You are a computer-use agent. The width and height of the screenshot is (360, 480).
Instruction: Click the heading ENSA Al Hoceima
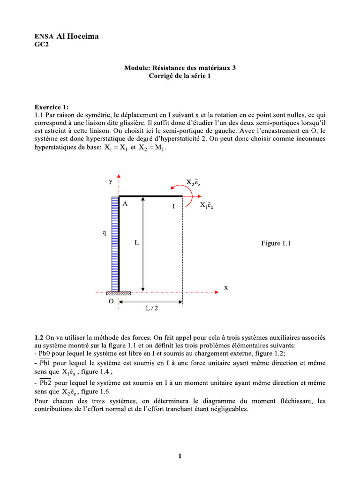pyautogui.click(x=67, y=37)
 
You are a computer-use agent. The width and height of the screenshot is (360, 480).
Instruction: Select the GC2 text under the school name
pyautogui.click(x=42, y=45)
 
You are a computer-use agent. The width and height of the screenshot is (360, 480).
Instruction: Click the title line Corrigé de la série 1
pyautogui.click(x=180, y=76)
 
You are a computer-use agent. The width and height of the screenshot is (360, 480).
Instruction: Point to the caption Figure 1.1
pyautogui.click(x=276, y=243)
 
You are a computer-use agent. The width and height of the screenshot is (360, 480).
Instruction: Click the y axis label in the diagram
pyautogui.click(x=110, y=181)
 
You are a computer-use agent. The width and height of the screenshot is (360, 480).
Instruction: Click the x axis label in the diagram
pyautogui.click(x=225, y=288)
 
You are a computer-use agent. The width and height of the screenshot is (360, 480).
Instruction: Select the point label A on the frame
pyautogui.click(x=125, y=204)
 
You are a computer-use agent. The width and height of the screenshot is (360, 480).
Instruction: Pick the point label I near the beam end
pyautogui.click(x=173, y=206)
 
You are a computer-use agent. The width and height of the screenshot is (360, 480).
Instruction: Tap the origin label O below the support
pyautogui.click(x=111, y=302)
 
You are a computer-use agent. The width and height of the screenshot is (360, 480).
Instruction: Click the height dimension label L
pyautogui.click(x=136, y=243)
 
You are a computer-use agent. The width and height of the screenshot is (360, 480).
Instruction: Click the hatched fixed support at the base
pyautogui.click(x=119, y=293)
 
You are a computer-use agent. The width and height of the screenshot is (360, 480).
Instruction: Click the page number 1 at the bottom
pyautogui.click(x=180, y=456)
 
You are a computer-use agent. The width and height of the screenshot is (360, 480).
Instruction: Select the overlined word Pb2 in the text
pyautogui.click(x=45, y=383)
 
